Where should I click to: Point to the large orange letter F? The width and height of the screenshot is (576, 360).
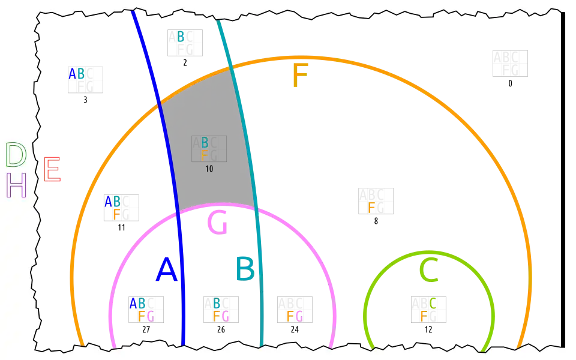coord(299,77)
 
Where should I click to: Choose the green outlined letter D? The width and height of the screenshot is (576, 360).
coord(16,155)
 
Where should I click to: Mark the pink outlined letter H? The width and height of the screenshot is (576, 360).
coord(16,185)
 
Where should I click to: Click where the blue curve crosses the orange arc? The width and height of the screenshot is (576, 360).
coord(159,104)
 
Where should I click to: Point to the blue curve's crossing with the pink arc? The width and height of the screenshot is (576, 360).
coord(179,212)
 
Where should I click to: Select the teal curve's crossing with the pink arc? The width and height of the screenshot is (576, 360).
coord(257,211)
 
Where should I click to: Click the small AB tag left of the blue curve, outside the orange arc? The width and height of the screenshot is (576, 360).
coord(77,74)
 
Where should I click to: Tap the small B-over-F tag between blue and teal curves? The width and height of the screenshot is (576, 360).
coord(205,149)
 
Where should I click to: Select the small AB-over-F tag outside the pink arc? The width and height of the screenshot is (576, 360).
coord(113,207)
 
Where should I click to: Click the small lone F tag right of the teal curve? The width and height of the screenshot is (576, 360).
coord(371,208)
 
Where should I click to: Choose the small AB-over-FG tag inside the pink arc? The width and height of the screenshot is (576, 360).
coord(142,310)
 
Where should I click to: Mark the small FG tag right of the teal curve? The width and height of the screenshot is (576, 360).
coord(295,316)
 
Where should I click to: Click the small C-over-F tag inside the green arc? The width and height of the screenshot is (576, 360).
coord(428,310)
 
